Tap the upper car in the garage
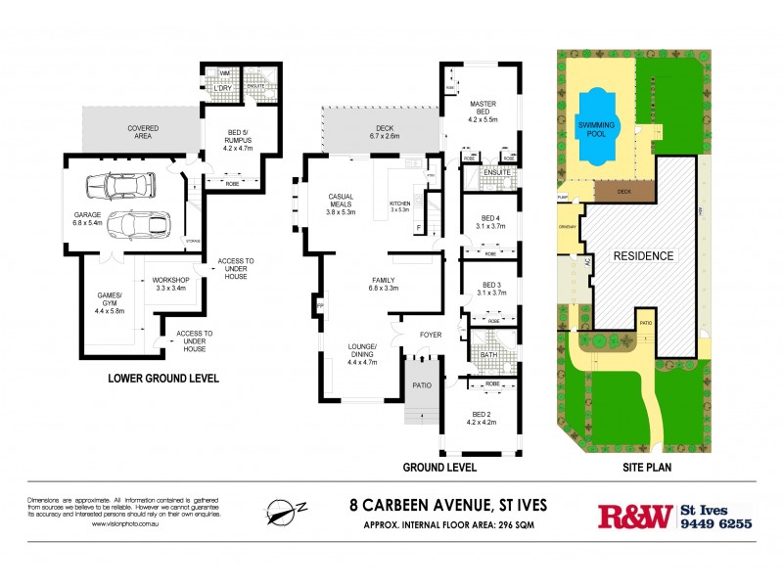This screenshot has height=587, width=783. point(120,184)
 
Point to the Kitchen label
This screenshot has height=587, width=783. point(399,205)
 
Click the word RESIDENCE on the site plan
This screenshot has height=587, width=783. point(643,256)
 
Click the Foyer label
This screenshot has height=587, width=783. point(430,335)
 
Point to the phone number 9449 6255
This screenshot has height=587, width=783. point(716,523)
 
